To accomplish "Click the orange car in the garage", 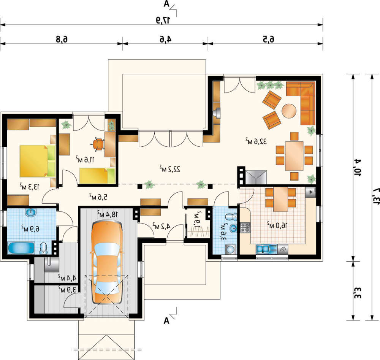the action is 107,263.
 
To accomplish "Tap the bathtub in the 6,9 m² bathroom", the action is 21,248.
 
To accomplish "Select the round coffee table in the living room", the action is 289,111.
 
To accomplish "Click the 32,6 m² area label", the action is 256,141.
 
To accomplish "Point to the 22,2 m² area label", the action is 170,169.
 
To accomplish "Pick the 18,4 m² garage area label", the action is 108,214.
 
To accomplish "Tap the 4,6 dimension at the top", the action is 166,39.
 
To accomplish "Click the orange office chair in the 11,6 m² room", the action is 98,144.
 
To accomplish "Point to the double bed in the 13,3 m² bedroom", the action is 38,161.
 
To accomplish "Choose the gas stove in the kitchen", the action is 245,228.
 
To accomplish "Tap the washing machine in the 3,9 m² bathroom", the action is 231,249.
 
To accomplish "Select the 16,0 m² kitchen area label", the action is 277,225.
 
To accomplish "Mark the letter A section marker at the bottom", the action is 166,320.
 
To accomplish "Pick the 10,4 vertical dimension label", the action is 358,168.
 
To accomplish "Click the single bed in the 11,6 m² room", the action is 97,176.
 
